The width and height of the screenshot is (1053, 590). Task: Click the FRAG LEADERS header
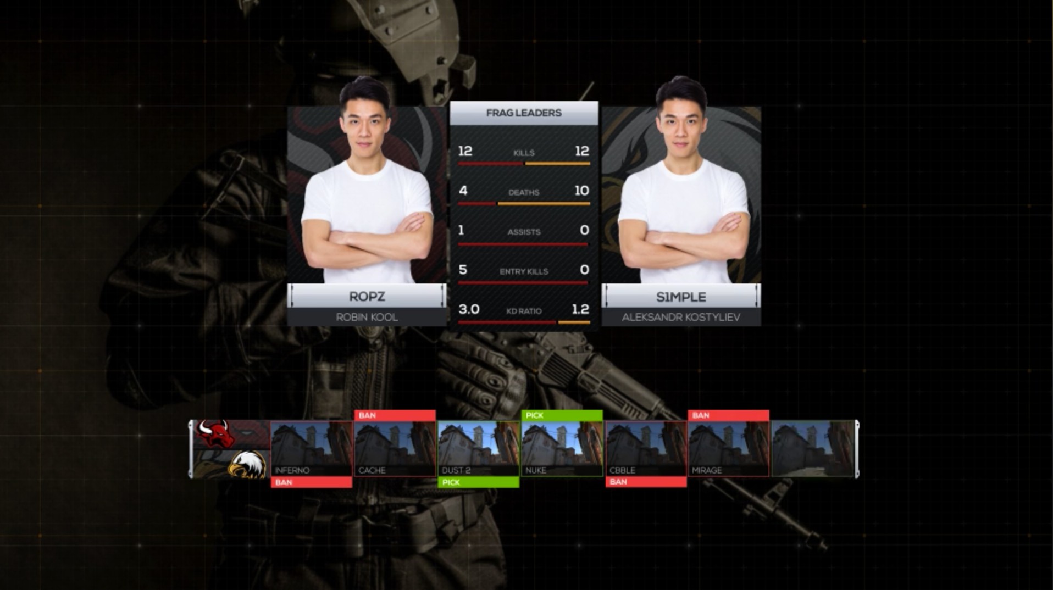[523, 113]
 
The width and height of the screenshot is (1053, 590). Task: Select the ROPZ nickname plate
[367, 297]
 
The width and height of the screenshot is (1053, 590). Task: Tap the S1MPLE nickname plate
[681, 297]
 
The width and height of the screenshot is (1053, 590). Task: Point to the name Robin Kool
[367, 317]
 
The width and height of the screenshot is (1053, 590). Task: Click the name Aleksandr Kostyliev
[681, 317]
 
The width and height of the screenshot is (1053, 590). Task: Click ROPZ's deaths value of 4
[463, 191]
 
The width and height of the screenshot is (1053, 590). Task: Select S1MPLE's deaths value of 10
[581, 191]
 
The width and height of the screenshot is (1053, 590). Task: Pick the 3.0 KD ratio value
[469, 309]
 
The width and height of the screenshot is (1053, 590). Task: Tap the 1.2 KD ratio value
[580, 309]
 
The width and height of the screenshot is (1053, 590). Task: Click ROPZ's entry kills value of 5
[463, 270]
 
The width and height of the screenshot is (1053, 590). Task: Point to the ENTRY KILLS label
[523, 271]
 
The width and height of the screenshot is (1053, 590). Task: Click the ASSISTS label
[523, 232]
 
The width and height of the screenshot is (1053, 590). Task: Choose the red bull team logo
[215, 435]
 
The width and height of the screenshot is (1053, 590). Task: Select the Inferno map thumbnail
[311, 448]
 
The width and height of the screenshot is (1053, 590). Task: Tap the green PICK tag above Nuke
[562, 415]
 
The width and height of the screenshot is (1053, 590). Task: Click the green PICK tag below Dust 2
[478, 482]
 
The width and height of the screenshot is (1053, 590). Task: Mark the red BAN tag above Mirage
[728, 415]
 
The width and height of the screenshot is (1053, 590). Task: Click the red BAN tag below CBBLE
[646, 482]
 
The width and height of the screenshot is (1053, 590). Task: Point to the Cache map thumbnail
[395, 448]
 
